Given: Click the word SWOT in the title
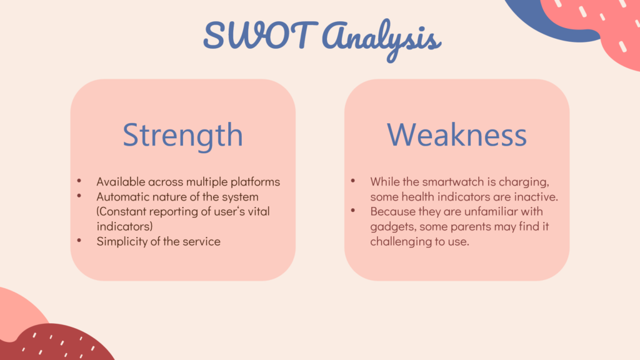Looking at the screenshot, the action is tap(261, 35).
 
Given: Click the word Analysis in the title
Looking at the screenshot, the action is tap(382, 40).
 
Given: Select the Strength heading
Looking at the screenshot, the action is tap(183, 136).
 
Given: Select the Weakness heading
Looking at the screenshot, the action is tap(457, 134).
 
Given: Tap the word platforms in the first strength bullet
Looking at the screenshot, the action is tap(255, 182).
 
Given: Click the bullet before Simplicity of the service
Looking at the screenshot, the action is tap(79, 241).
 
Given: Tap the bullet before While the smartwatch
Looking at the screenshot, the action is tap(353, 181).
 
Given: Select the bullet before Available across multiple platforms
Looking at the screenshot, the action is tap(79, 181).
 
